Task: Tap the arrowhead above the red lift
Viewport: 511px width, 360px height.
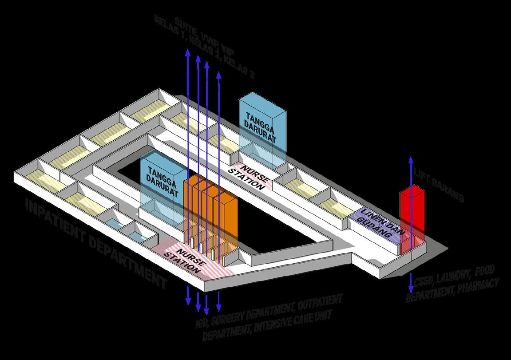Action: (411, 160)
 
